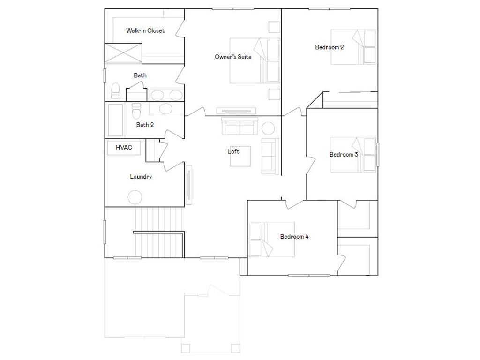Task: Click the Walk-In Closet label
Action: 145,30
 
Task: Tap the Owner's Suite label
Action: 233,57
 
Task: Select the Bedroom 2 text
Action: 330,47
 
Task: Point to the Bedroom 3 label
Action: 344,154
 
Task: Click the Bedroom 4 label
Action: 294,236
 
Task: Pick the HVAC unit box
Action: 124,148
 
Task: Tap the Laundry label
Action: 141,177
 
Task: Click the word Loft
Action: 233,151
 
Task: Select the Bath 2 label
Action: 145,125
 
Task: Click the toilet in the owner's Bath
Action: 115,90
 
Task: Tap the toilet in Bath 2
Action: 136,111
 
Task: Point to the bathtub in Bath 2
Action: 115,120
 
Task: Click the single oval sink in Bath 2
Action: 166,109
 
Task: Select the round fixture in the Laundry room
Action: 135,197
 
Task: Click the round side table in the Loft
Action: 269,128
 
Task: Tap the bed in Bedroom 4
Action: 272,240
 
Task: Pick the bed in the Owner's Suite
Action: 255,60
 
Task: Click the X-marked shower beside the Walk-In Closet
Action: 123,53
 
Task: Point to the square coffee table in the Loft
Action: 240,156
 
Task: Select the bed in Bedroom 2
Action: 353,47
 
